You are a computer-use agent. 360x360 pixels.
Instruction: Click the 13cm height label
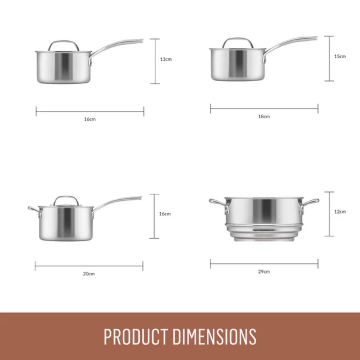coord(166,59)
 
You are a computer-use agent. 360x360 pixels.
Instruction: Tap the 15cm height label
coord(340,56)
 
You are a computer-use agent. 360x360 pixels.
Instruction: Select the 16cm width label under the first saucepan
coord(90,119)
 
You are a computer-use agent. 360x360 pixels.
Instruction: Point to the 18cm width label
coord(264,116)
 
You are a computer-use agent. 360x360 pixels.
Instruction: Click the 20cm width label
coord(89,274)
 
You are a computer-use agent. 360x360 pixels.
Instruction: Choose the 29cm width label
coord(264,271)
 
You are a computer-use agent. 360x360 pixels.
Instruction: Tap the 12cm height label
coord(340,212)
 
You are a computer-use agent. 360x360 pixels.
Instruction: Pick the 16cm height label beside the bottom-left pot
coord(165,214)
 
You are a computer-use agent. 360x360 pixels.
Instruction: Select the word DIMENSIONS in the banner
coord(214,336)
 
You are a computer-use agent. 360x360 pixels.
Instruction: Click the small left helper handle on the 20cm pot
coord(34,210)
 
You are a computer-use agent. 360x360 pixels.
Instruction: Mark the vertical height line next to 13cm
coord(155,61)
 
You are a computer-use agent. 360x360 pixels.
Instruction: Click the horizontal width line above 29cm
coord(264,264)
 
